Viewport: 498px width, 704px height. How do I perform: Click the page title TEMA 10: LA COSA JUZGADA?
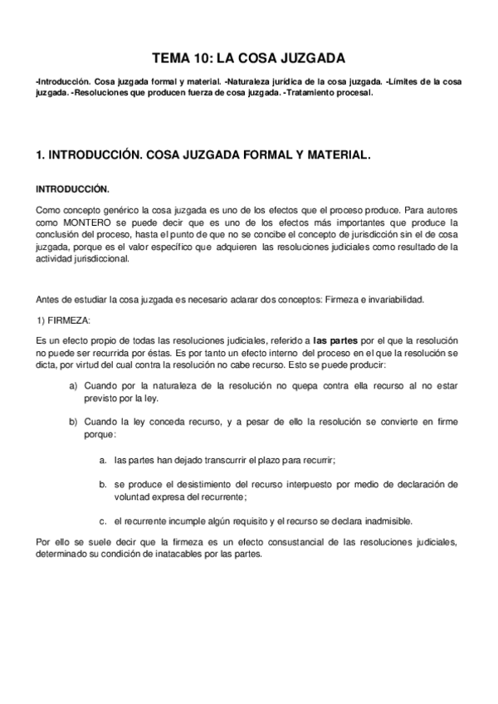[249, 58]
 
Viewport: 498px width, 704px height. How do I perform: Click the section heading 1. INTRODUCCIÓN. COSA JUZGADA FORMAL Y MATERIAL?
[203, 155]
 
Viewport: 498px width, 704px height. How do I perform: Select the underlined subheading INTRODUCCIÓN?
[72, 188]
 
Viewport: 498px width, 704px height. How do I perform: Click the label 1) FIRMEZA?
[66, 320]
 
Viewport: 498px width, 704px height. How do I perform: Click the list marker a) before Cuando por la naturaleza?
[74, 386]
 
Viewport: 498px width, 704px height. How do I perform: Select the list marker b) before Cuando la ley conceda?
[74, 422]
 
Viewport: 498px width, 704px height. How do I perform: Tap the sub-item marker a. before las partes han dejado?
[103, 459]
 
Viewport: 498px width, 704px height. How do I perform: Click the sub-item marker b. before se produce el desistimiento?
[103, 484]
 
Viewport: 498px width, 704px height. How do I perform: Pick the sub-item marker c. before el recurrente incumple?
[103, 521]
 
